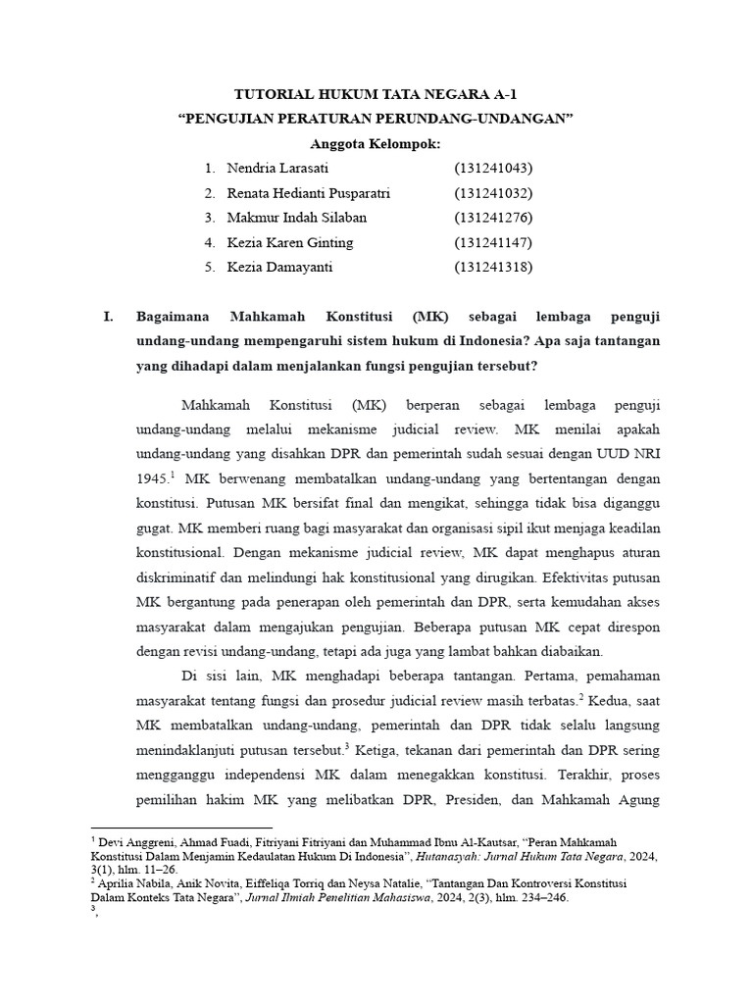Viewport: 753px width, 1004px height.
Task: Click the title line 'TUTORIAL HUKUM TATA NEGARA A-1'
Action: pyautogui.click(x=375, y=95)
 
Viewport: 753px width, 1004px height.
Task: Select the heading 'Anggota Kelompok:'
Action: pyautogui.click(x=375, y=144)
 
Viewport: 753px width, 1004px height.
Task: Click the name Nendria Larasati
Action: pyautogui.click(x=276, y=169)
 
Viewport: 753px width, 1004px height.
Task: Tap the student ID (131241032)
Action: pyautogui.click(x=493, y=193)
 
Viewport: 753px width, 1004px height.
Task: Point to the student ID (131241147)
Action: pyautogui.click(x=493, y=242)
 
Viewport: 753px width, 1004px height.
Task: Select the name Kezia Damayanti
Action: pyautogui.click(x=279, y=267)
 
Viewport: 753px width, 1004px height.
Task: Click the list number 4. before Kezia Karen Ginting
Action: pyautogui.click(x=210, y=242)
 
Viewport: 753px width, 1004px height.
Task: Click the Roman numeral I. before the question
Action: pyautogui.click(x=109, y=317)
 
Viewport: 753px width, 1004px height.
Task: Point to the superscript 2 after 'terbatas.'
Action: pyautogui.click(x=580, y=697)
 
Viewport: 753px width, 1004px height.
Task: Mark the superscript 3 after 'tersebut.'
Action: pyautogui.click(x=347, y=747)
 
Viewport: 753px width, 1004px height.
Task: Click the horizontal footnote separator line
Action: pyautogui.click(x=181, y=828)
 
